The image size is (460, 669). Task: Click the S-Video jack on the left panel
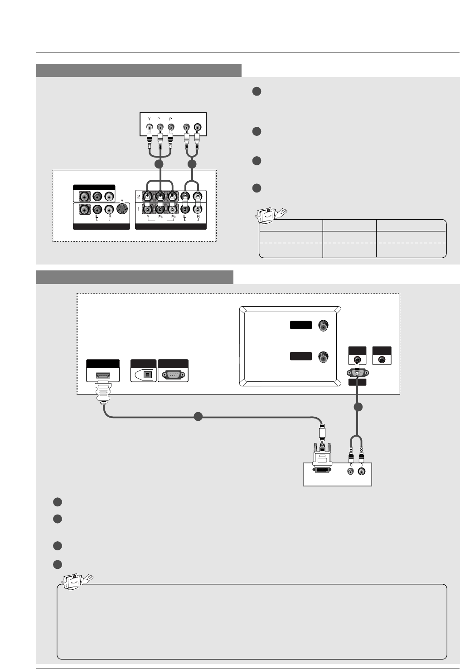122,210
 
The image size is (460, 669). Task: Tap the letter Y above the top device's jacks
150,119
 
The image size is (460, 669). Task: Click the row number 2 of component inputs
139,197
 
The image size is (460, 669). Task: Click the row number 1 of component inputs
139,210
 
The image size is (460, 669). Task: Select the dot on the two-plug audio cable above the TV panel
192,164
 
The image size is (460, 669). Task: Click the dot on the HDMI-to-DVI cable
198,417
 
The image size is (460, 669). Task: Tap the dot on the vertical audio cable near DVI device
358,407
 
